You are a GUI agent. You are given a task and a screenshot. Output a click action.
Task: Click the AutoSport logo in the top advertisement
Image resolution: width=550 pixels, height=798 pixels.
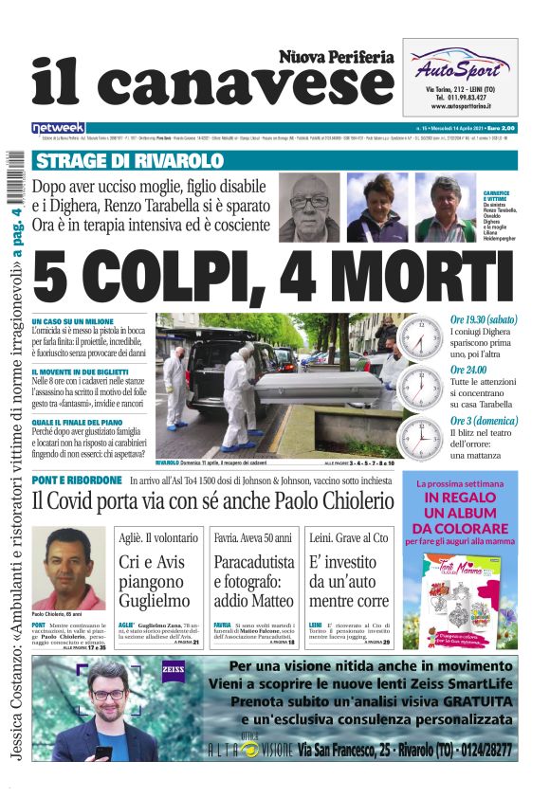click(459, 68)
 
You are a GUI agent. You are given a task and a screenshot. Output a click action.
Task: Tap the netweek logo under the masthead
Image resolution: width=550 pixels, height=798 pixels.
click(58, 127)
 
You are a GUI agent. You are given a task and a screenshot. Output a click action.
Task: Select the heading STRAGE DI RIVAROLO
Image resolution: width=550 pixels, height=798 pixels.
click(103, 160)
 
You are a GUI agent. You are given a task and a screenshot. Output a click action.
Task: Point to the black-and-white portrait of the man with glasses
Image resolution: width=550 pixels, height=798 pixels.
click(309, 207)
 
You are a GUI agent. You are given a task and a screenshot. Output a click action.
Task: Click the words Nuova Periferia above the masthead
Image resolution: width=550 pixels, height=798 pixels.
click(336, 57)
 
